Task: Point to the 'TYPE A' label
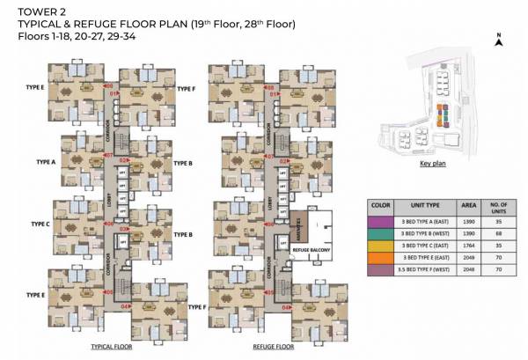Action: pyautogui.click(x=46, y=163)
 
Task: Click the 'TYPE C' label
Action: pyautogui.click(x=40, y=224)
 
